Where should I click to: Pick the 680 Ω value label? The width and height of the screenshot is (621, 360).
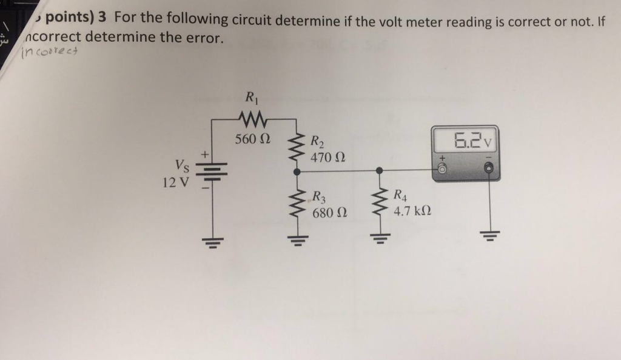point(330,213)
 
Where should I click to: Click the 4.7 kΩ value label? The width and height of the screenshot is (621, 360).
point(412,212)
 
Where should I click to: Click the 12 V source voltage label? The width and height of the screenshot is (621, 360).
point(175,181)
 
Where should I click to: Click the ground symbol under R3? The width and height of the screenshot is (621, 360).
point(297,238)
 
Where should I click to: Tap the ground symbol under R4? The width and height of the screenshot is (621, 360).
point(380,238)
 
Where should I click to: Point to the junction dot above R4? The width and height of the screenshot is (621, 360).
point(380,172)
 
